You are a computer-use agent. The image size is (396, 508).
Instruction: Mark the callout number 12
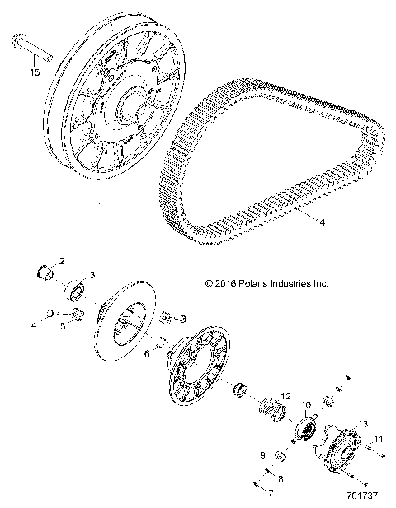(x=285, y=396)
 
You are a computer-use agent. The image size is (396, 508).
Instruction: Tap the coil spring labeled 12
(x=269, y=407)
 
